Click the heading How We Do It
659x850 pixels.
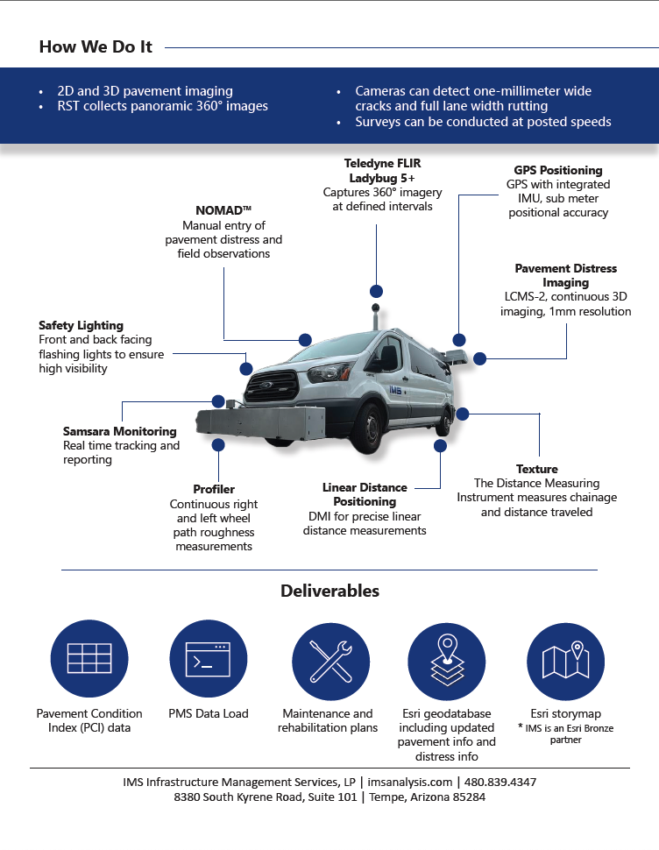(96, 47)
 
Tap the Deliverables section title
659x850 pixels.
(329, 591)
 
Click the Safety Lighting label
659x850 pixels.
(81, 326)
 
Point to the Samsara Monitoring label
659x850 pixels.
(119, 431)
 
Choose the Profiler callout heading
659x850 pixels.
(214, 489)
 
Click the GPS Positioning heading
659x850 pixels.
(558, 170)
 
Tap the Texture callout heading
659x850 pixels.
(536, 469)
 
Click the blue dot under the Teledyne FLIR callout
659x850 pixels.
(376, 292)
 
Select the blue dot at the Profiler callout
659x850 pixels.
(218, 445)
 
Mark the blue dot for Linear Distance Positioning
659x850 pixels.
(439, 445)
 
